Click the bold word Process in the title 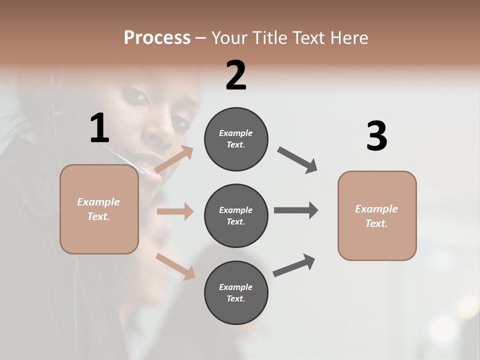point(157,37)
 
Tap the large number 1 point(99,128)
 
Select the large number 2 point(236,75)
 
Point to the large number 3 point(376,136)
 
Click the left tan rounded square point(99,209)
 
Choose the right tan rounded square point(377,215)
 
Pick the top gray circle point(236,139)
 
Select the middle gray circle point(236,215)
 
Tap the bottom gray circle point(236,292)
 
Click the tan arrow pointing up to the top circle point(174,159)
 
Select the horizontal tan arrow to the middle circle point(175,211)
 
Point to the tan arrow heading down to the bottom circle point(175,266)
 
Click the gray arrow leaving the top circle point(297,160)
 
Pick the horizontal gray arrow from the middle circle point(296,210)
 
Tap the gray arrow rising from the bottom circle point(294,265)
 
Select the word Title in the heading point(270,37)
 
